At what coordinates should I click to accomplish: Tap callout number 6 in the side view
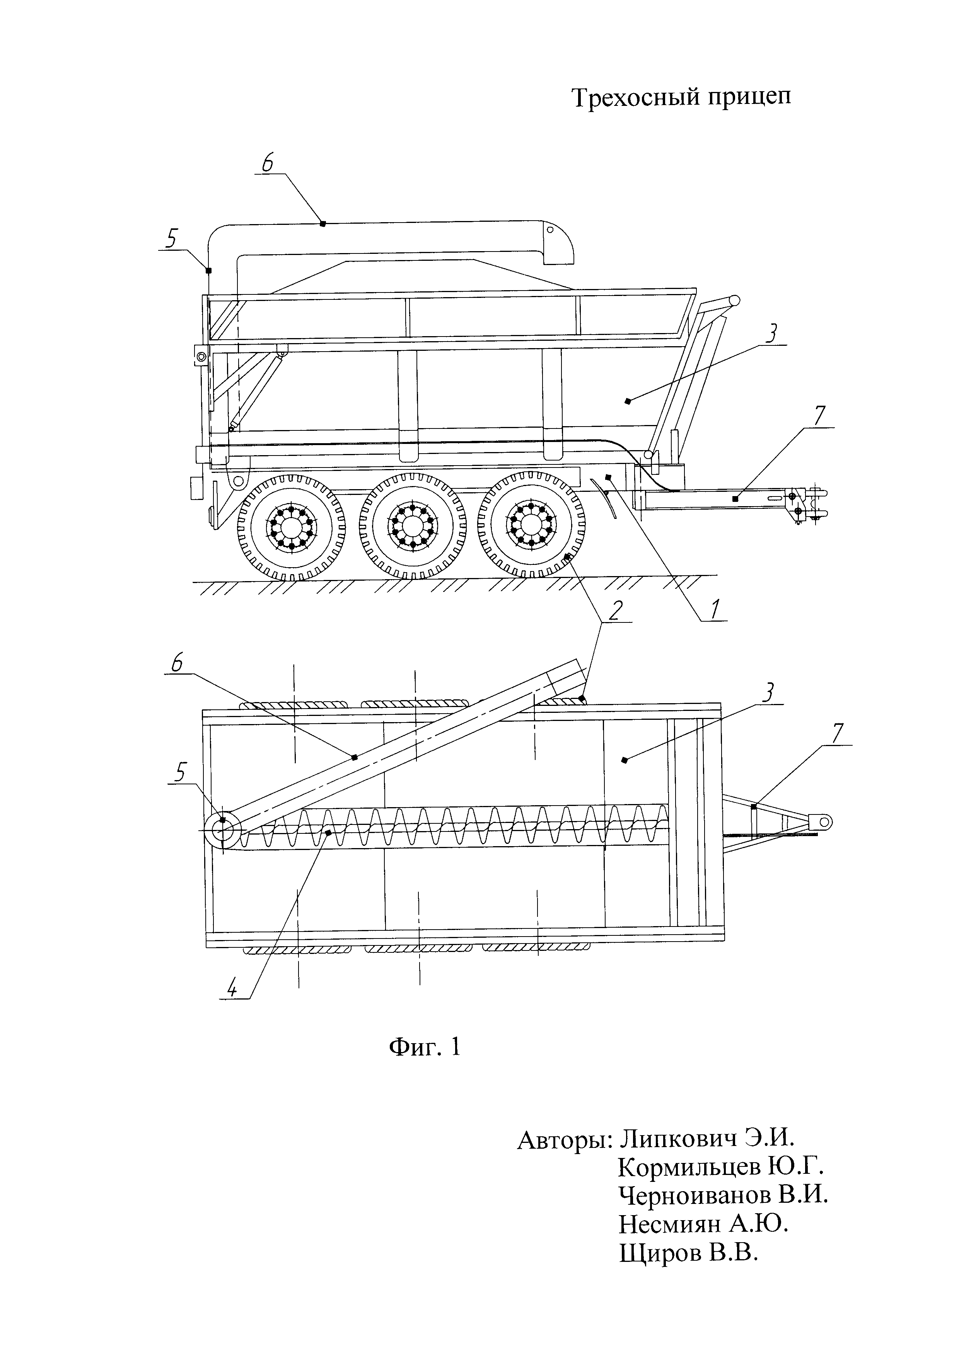[x=268, y=163]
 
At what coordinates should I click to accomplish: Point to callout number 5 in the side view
[x=171, y=239]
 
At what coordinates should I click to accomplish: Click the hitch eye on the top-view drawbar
[x=824, y=821]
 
